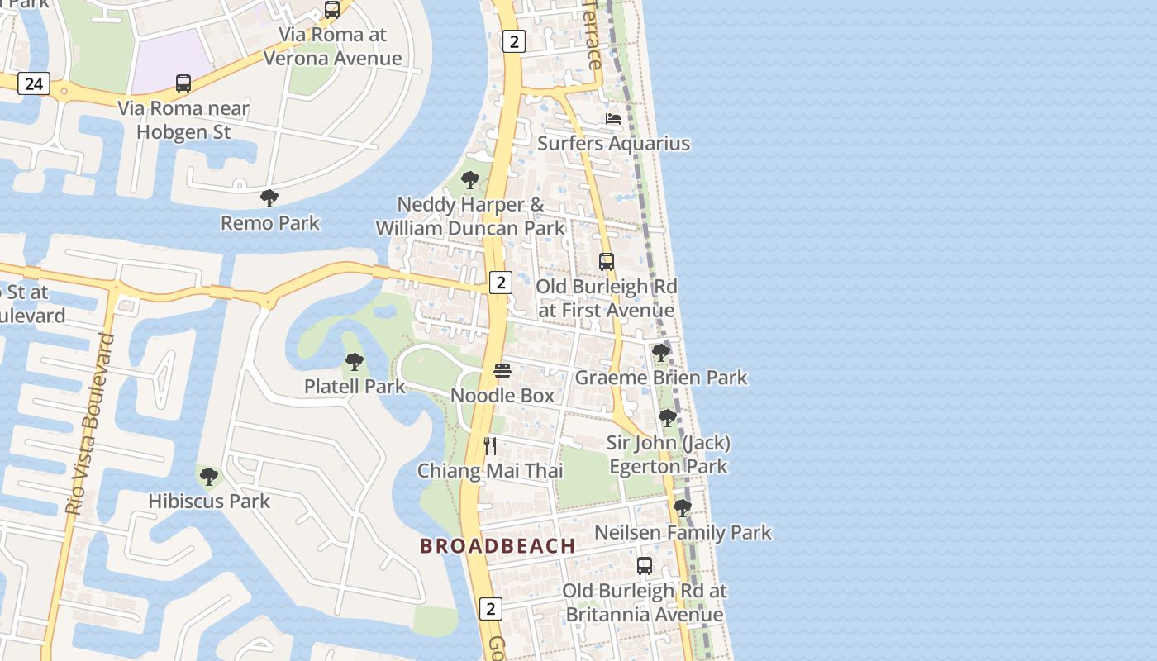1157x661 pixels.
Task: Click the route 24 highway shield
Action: [33, 83]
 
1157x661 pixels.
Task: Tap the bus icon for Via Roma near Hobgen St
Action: [183, 83]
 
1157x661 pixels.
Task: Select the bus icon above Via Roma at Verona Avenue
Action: [332, 10]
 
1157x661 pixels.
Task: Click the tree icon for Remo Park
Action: [269, 198]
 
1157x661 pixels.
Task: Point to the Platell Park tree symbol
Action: [355, 362]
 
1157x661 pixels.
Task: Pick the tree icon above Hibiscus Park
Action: [209, 477]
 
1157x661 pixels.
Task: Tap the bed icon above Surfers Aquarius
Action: [613, 119]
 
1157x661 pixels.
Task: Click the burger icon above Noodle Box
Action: [502, 371]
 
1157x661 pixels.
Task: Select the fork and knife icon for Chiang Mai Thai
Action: [490, 446]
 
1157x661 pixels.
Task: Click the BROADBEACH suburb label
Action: [498, 545]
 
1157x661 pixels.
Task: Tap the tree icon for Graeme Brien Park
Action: [660, 354]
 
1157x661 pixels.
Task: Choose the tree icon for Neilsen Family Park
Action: [682, 508]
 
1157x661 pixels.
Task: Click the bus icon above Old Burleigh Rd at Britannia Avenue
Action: [645, 566]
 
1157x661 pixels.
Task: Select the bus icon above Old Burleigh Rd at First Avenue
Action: [607, 262]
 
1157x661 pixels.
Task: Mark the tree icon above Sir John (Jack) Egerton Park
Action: [668, 419]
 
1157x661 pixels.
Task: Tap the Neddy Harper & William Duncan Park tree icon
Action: [470, 180]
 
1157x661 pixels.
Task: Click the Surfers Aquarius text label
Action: [613, 143]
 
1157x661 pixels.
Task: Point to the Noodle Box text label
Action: [502, 395]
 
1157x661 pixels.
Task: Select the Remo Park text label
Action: [269, 222]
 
